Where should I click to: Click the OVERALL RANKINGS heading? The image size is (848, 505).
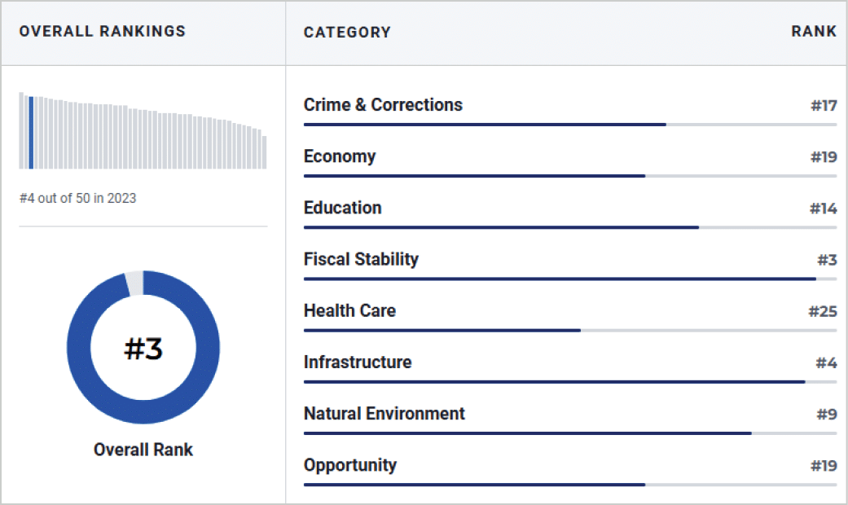click(x=102, y=32)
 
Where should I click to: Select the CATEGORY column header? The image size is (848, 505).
click(x=347, y=33)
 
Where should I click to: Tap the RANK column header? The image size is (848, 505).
click(x=814, y=32)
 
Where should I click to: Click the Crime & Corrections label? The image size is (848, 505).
click(x=383, y=104)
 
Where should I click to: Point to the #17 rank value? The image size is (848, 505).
click(x=824, y=105)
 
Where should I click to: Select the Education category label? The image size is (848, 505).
click(x=342, y=208)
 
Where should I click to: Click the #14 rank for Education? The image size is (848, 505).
click(x=823, y=209)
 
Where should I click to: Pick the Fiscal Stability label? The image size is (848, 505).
click(x=361, y=260)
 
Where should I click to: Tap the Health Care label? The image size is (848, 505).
click(x=349, y=310)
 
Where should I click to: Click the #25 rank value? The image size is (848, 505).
click(x=823, y=311)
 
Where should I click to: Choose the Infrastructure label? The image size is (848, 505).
click(x=358, y=362)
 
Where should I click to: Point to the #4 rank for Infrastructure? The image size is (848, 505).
click(x=826, y=362)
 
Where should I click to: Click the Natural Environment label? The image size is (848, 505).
click(x=384, y=413)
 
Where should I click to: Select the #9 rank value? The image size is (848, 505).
click(x=827, y=414)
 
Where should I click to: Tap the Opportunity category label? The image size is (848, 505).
click(x=350, y=465)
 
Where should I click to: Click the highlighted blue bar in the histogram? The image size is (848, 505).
click(x=32, y=133)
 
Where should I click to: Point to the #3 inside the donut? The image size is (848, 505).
click(x=143, y=348)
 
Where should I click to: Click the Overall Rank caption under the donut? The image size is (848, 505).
click(x=143, y=450)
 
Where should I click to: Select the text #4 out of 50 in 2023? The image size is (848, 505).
click(x=78, y=199)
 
